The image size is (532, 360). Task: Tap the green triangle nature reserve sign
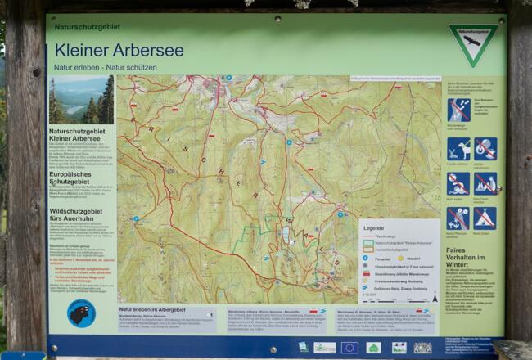coord(472,43)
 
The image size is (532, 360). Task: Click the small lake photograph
coord(81,100)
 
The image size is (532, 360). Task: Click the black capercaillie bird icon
coord(80,314)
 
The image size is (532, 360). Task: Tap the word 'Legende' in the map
coord(373,228)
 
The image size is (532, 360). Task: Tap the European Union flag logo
coord(349,348)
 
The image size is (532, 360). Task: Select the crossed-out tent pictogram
coord(485,218)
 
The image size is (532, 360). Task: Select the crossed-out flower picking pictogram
coord(458,218)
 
